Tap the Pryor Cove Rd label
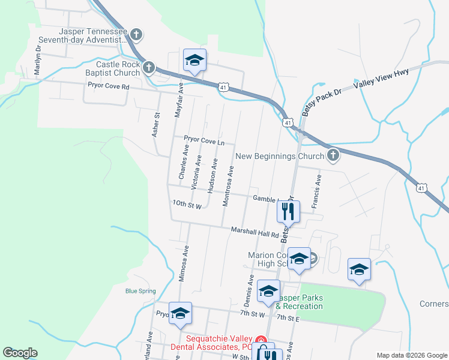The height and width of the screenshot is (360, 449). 109,86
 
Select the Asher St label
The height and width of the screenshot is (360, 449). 155,124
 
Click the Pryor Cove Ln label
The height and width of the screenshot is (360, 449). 204,142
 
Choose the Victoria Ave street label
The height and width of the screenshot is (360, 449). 196,173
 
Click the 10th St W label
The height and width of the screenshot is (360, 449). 186,204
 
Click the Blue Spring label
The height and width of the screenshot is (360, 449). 140,292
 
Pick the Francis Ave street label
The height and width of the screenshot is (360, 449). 316,191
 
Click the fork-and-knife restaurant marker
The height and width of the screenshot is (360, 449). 288,211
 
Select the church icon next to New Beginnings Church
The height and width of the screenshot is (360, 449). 333,157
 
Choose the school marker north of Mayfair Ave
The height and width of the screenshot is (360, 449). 194,60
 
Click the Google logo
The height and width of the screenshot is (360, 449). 20,353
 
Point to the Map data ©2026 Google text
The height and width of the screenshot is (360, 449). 411,355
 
